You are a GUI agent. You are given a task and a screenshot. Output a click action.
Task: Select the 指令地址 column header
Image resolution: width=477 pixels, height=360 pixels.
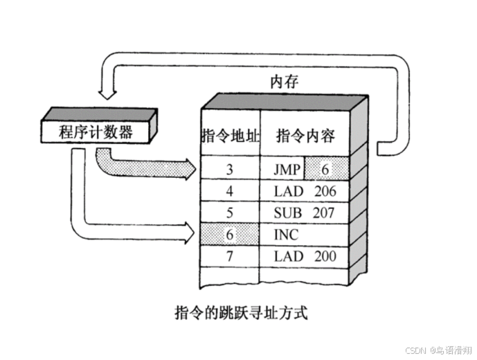tap(230, 136)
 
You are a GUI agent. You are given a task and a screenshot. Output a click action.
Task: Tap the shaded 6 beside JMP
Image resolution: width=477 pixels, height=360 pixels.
tap(326, 168)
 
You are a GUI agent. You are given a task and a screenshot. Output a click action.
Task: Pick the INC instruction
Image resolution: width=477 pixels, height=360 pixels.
tap(286, 235)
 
